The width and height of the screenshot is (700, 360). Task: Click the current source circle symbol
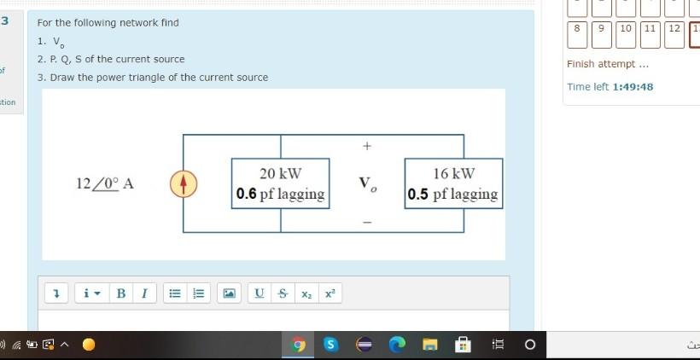(x=183, y=183)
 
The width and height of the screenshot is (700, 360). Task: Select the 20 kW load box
(x=281, y=183)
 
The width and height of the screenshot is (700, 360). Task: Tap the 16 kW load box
(x=453, y=183)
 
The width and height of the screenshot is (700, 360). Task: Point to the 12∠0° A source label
(x=104, y=183)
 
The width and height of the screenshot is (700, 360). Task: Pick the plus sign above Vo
(x=367, y=147)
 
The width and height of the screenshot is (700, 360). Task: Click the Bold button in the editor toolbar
(x=120, y=293)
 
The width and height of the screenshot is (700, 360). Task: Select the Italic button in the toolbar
(x=143, y=293)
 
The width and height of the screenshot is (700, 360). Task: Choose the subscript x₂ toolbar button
(x=305, y=293)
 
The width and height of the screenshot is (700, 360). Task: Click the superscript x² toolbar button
(x=330, y=293)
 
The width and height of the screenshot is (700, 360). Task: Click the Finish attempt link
(x=607, y=64)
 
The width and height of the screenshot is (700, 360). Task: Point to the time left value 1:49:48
(x=633, y=87)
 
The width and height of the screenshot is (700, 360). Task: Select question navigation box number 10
(x=626, y=28)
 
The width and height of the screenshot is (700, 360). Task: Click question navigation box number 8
(x=577, y=28)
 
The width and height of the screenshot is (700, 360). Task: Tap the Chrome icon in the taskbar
(x=299, y=345)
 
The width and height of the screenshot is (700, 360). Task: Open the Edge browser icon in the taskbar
(x=398, y=345)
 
